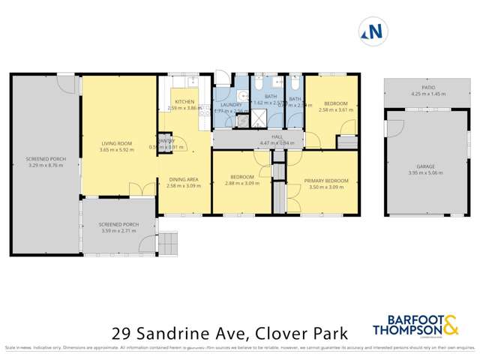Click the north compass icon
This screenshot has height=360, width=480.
click(x=373, y=31)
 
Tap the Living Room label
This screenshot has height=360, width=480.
click(x=116, y=143)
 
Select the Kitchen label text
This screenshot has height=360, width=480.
click(x=184, y=101)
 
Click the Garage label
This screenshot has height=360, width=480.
click(x=425, y=166)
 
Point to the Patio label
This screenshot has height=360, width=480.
click(x=427, y=88)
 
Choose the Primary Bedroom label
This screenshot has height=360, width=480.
click(x=328, y=181)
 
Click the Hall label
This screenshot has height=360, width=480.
click(x=277, y=136)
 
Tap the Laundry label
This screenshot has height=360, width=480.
click(x=230, y=105)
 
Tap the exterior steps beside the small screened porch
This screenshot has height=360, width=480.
click(x=169, y=242)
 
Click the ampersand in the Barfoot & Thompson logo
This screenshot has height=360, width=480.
click(x=450, y=325)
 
